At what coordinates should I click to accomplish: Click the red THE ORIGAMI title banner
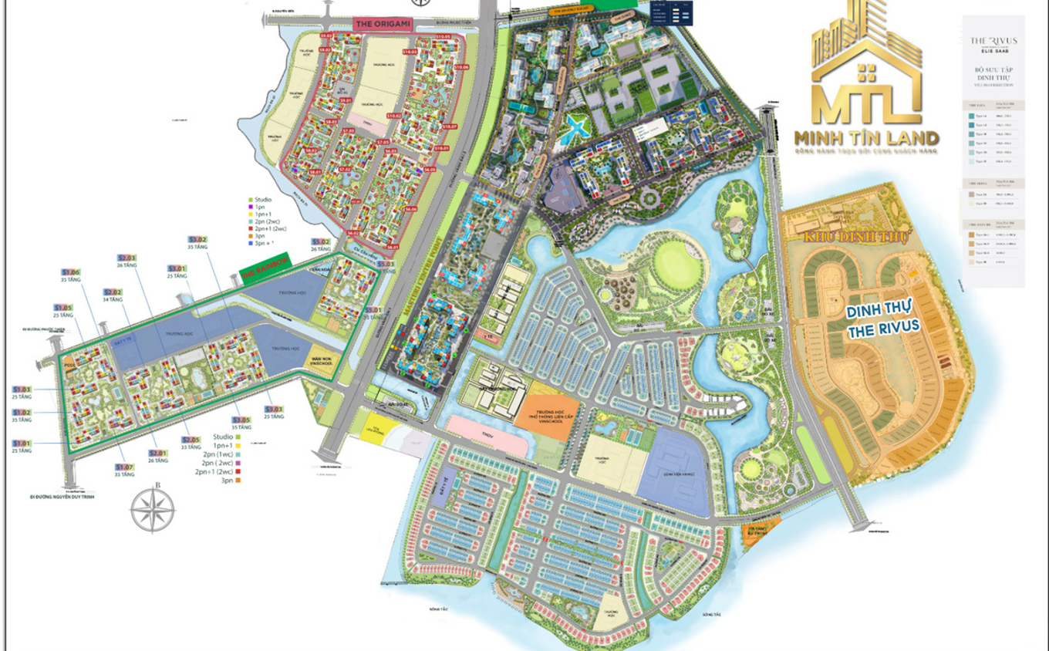click(374, 24)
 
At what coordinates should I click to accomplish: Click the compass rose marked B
click(153, 510)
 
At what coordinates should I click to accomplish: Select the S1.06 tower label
click(71, 272)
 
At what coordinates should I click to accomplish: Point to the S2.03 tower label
click(126, 258)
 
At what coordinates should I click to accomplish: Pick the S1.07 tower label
click(124, 467)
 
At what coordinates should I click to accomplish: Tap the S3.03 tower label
click(274, 409)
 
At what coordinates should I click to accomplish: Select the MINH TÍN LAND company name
click(866, 139)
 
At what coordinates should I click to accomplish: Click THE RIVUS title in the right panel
click(993, 40)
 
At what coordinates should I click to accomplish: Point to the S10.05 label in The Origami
click(443, 36)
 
